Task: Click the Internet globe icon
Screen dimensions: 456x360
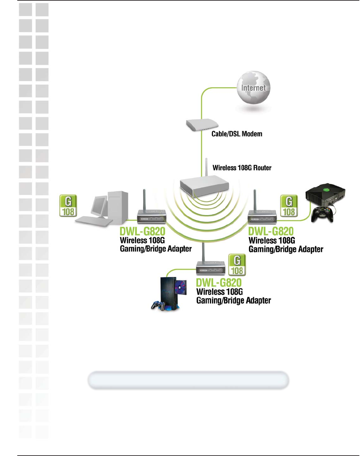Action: click(253, 88)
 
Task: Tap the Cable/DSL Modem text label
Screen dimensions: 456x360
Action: click(237, 134)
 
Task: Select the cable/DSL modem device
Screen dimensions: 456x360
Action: click(201, 125)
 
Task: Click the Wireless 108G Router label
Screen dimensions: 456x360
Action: click(242, 168)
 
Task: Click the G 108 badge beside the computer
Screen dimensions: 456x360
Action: click(68, 206)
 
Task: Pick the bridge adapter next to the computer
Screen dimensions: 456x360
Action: click(151, 216)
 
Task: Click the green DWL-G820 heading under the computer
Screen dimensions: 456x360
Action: click(142, 231)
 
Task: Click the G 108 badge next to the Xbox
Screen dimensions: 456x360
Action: click(289, 206)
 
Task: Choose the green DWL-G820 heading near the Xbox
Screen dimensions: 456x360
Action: click(271, 231)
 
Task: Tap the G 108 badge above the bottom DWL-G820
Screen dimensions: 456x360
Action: click(237, 265)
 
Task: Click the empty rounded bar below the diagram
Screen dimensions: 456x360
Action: click(188, 380)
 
